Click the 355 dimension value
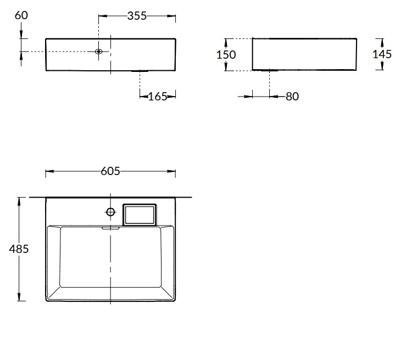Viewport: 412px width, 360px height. (x=137, y=16)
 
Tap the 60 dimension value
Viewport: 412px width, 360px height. (x=21, y=15)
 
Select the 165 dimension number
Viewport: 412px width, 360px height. (x=158, y=97)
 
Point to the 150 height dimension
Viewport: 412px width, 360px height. (x=226, y=55)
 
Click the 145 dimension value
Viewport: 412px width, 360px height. (x=382, y=54)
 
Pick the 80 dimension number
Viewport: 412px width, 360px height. (x=292, y=97)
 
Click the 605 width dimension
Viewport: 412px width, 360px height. (x=110, y=171)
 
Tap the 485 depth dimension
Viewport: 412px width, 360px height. (x=19, y=249)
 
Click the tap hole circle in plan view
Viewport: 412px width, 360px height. (x=110, y=212)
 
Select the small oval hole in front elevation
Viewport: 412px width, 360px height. (x=98, y=52)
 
